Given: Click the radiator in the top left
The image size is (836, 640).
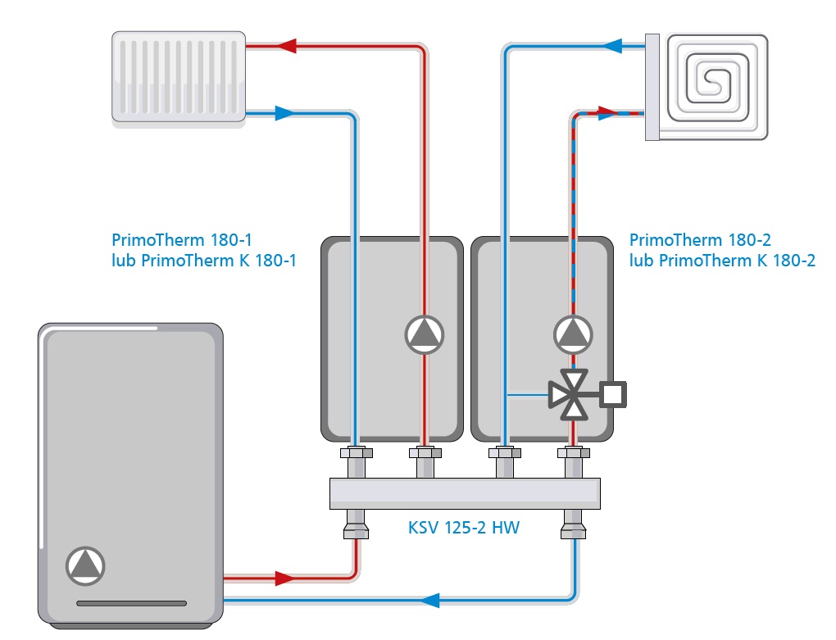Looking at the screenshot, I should pyautogui.click(x=178, y=78).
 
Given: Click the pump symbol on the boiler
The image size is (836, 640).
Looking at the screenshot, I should pyautogui.click(x=84, y=565).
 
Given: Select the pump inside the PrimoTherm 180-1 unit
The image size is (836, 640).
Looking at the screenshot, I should pyautogui.click(x=425, y=334).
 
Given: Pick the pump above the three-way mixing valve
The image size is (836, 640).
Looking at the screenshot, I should pyautogui.click(x=573, y=334).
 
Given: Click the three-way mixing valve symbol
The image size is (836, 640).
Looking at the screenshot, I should pyautogui.click(x=572, y=395).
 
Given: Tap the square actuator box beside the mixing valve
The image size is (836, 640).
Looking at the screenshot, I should pyautogui.click(x=613, y=395).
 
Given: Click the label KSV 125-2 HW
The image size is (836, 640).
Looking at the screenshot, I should pyautogui.click(x=464, y=528).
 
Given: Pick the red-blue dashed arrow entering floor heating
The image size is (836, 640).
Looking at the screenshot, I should pyautogui.click(x=608, y=112).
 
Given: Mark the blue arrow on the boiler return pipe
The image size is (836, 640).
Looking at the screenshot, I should pyautogui.click(x=429, y=601).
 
